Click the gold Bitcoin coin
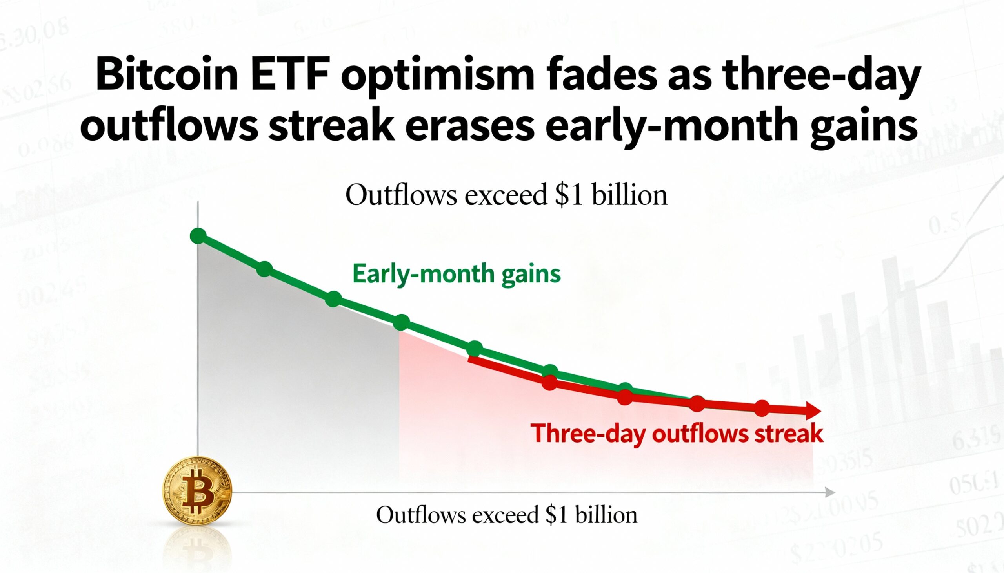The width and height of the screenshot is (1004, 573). [x=197, y=490]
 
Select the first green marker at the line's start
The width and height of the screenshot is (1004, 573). [x=198, y=236]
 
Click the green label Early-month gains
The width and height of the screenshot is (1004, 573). [x=456, y=274]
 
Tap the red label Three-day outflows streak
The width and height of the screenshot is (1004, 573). [x=677, y=434]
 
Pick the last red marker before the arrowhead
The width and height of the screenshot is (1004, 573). [x=762, y=408]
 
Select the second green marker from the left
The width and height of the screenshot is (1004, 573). [x=264, y=269]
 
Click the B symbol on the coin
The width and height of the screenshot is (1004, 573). [x=196, y=491]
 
